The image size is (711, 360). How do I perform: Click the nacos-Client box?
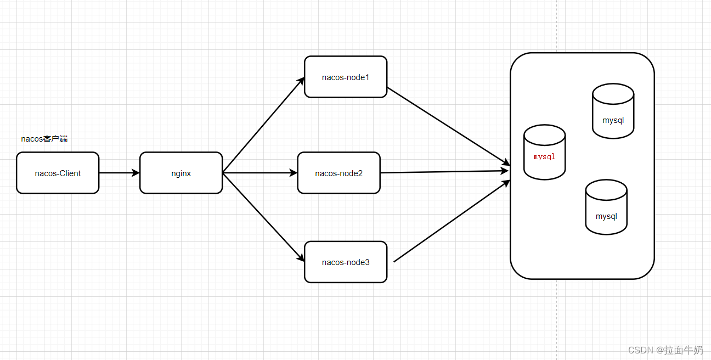[58, 173]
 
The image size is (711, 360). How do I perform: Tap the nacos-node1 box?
[346, 77]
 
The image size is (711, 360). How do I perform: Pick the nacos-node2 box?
[338, 173]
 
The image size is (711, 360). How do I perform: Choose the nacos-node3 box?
[346, 262]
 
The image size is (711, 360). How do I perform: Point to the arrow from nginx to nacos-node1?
[263, 125]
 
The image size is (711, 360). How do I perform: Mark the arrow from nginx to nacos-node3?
[263, 217]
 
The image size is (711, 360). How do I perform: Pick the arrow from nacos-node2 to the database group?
[444, 172]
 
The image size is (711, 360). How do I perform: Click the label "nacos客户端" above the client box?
[44, 139]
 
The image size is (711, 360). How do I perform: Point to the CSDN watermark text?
[665, 350]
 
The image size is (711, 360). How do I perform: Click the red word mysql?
[544, 156]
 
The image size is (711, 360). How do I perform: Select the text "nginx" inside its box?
[181, 173]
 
